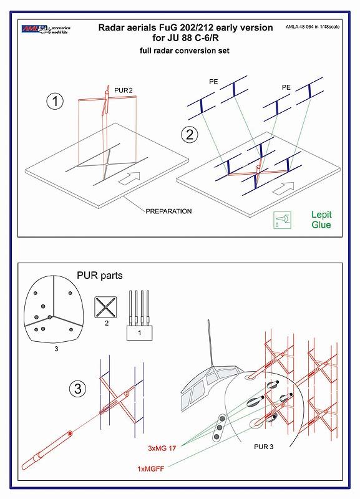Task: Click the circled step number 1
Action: click(57, 103)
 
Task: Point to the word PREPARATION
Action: click(168, 211)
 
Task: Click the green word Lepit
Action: click(321, 214)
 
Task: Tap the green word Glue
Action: click(321, 225)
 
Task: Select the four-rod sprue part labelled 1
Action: click(140, 314)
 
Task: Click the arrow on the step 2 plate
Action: click(286, 187)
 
